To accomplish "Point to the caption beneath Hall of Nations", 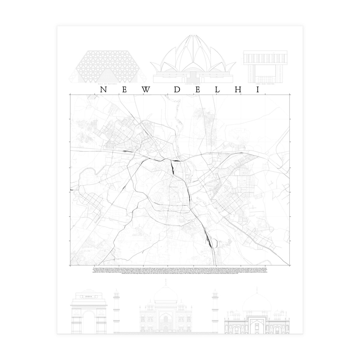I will coord(108,85).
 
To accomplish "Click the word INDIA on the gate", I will coord(89,297).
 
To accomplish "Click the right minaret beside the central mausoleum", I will coord(215,309).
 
